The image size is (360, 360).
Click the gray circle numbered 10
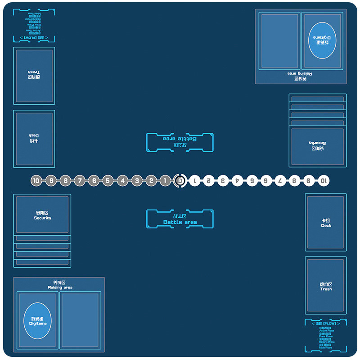pyautogui.click(x=36, y=181)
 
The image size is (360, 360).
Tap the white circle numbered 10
pyautogui.click(x=323, y=181)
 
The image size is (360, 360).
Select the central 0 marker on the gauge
pyautogui.click(x=180, y=181)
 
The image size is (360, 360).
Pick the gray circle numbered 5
pyautogui.click(x=108, y=181)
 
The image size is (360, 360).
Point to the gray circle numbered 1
pyautogui.click(x=165, y=181)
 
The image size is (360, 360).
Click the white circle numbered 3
pyautogui.click(x=223, y=181)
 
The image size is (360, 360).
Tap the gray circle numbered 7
pyautogui.click(x=80, y=181)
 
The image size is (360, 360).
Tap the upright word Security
pyautogui.click(x=43, y=218)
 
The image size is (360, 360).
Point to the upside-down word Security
pyautogui.click(x=317, y=143)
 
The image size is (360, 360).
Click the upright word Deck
pyautogui.click(x=326, y=225)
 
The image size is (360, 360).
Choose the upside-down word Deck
pyautogui.click(x=34, y=135)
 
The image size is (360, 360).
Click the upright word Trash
pyautogui.click(x=326, y=289)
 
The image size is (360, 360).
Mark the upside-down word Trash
pyautogui.click(x=34, y=72)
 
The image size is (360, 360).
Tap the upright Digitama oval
pyautogui.click(x=38, y=320)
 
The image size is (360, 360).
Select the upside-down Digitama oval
pyautogui.click(x=322, y=40)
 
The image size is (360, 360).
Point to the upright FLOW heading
pyautogui.click(x=326, y=323)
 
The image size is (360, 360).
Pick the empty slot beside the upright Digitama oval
pyautogui.click(x=80, y=320)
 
